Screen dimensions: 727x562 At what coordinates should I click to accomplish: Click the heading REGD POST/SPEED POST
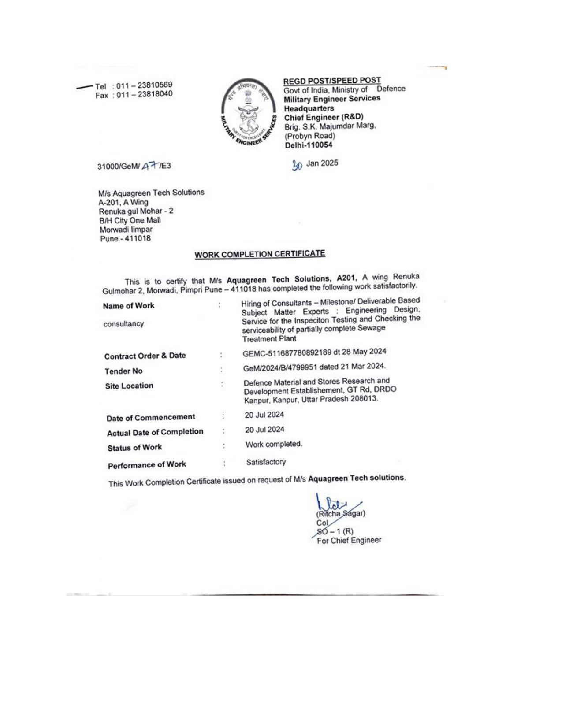point(332,81)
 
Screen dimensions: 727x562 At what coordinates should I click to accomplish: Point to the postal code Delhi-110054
point(308,145)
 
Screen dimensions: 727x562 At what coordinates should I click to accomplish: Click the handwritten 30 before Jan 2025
point(297,165)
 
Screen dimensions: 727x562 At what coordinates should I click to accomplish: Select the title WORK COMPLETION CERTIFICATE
point(260,254)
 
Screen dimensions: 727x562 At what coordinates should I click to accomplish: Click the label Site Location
point(129,386)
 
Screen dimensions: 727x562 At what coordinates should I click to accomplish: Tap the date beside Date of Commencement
point(264,415)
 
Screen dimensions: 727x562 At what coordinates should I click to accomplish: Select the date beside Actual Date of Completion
point(264,430)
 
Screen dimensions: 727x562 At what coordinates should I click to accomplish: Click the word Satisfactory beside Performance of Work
point(266,462)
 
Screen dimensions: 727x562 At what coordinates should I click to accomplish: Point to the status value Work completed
point(274,444)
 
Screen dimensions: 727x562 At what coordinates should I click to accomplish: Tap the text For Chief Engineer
point(349,541)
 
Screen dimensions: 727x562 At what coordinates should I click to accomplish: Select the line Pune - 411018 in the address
point(125,239)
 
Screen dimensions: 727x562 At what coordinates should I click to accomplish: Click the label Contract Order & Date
point(145,356)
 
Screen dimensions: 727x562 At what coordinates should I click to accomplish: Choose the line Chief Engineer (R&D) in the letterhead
point(324,117)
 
